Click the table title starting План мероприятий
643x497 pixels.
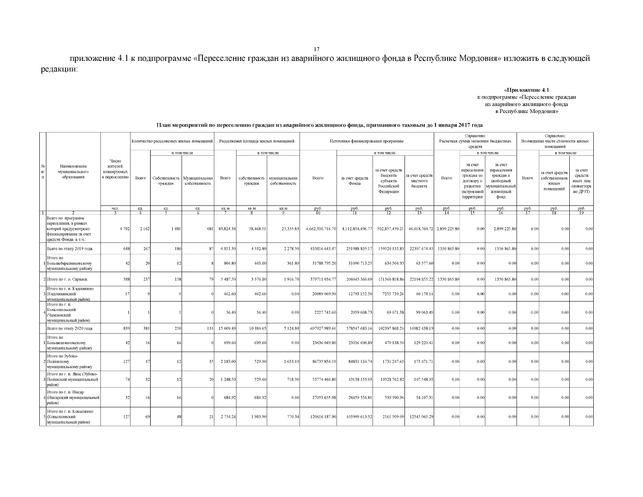click(x=319, y=125)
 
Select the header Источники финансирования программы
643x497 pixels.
click(x=366, y=141)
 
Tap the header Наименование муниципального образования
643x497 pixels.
click(x=73, y=171)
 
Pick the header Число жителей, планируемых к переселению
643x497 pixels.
click(x=115, y=169)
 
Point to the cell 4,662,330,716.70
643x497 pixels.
click(x=320, y=229)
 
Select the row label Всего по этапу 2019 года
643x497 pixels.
click(x=70, y=248)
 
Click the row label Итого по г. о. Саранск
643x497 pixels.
click(x=67, y=279)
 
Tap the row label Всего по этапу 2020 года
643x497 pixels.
click(x=70, y=328)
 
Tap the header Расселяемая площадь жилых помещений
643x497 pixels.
click(x=257, y=141)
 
